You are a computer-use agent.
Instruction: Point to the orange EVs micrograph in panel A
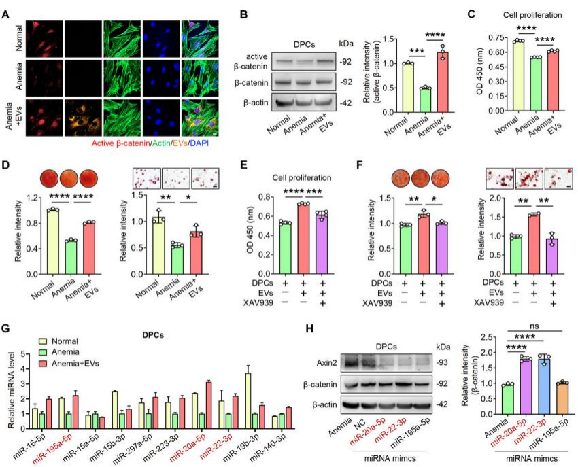[83, 116]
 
